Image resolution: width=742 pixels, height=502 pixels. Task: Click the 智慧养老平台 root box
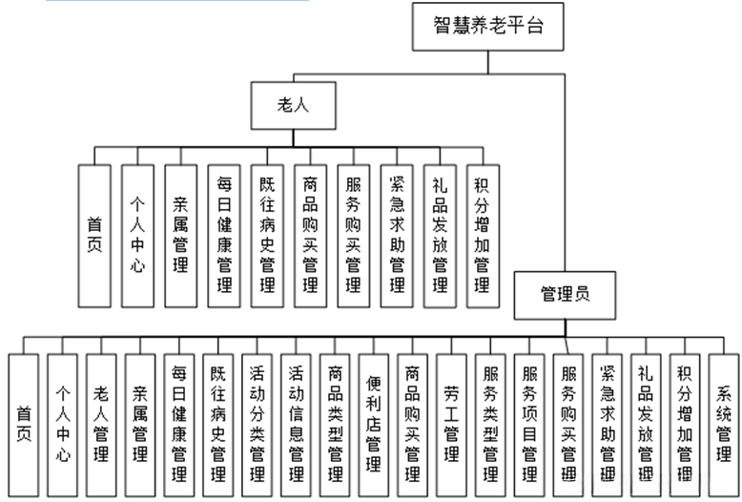(x=488, y=26)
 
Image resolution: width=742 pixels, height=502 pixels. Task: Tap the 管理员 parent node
(x=565, y=294)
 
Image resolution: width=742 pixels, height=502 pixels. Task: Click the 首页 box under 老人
(x=94, y=236)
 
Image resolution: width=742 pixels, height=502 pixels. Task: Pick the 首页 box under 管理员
(x=23, y=424)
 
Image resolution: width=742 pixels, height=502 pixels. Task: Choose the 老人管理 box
(x=101, y=424)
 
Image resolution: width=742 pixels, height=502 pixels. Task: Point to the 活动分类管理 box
(x=258, y=424)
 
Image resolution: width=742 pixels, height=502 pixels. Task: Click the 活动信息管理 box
(x=297, y=424)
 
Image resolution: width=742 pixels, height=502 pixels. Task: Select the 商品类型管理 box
(x=336, y=424)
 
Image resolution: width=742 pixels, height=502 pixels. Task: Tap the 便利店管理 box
(x=375, y=424)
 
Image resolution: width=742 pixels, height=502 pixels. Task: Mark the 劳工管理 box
(x=452, y=424)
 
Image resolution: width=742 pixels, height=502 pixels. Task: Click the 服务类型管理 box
(x=491, y=424)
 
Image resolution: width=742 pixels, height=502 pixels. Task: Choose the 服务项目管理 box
(x=530, y=424)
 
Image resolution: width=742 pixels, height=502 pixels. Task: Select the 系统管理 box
(x=724, y=424)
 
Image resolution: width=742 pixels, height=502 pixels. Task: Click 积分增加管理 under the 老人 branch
(x=483, y=236)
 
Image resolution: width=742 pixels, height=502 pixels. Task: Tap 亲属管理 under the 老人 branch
(x=180, y=236)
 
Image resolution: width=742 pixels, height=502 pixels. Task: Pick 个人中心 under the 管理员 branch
(x=62, y=424)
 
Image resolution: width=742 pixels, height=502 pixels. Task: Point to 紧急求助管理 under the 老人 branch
(x=396, y=236)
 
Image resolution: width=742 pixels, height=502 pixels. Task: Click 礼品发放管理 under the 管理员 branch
(x=646, y=424)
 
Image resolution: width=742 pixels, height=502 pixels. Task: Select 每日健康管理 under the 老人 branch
(x=224, y=236)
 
